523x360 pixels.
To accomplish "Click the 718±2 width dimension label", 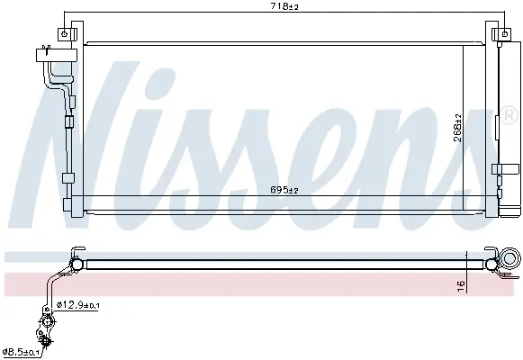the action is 284,6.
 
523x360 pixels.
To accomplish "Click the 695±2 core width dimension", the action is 284,190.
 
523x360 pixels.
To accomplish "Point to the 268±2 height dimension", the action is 458,128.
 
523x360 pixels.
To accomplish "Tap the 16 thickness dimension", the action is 461,286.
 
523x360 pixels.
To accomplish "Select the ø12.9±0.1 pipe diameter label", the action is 78,304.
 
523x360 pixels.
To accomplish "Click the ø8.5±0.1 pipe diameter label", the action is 21,351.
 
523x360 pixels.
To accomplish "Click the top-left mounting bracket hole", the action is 65,33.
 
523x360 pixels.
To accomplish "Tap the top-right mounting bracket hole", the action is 505,33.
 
